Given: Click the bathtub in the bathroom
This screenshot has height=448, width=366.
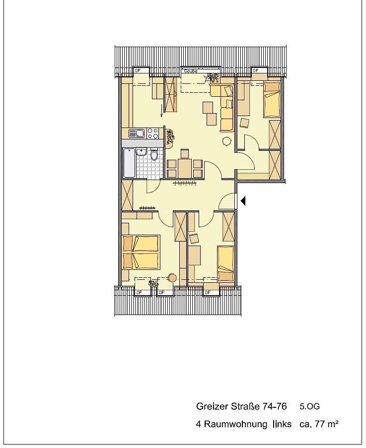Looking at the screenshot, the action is (x=129, y=163).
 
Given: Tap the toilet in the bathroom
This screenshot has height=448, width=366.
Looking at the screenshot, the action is (x=154, y=155).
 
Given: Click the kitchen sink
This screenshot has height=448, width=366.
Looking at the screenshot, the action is (x=137, y=133).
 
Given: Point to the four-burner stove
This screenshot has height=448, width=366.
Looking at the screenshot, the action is (x=152, y=133).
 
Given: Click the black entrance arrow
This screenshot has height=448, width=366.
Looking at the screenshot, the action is (x=243, y=201).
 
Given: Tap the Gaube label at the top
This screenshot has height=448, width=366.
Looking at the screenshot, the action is (x=191, y=71).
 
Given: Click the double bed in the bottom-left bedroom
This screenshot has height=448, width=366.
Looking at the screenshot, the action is (x=141, y=252).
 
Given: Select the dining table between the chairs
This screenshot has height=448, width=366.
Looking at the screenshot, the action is (x=184, y=169).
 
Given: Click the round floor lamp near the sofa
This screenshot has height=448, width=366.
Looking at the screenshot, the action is (x=227, y=141).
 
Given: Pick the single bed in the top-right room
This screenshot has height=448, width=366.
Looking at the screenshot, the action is (x=272, y=99).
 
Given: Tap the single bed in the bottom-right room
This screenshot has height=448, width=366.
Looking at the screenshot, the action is (x=225, y=264).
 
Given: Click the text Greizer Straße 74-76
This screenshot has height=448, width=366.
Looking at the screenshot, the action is (x=241, y=406).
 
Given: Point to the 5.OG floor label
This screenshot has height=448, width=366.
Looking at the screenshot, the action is (x=310, y=406).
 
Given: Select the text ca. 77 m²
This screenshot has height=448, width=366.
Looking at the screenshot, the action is (x=319, y=424).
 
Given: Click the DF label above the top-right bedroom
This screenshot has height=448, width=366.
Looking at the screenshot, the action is (x=256, y=70).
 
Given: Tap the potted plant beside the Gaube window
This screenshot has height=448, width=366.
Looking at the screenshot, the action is (x=212, y=78).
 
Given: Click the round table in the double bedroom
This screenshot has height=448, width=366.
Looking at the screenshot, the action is (x=172, y=277).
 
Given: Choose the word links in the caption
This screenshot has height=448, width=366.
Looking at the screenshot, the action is (x=282, y=424).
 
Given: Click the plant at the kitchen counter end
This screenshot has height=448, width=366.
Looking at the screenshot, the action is (x=170, y=138).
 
